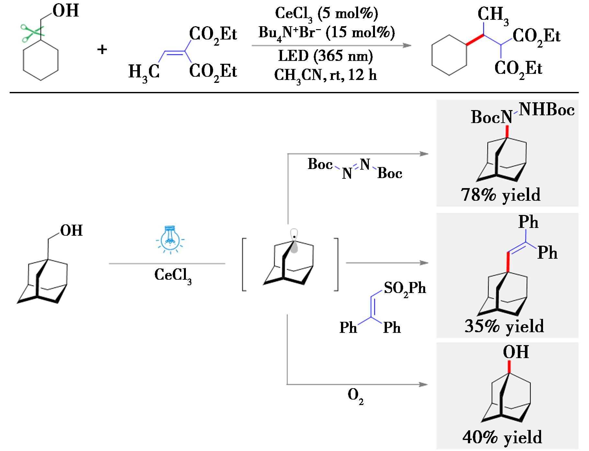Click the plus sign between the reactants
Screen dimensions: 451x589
(102, 50)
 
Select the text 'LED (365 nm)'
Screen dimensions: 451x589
(325, 56)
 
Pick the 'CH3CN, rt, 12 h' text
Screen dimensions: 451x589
(325, 75)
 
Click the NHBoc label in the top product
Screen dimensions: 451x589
(547, 110)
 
